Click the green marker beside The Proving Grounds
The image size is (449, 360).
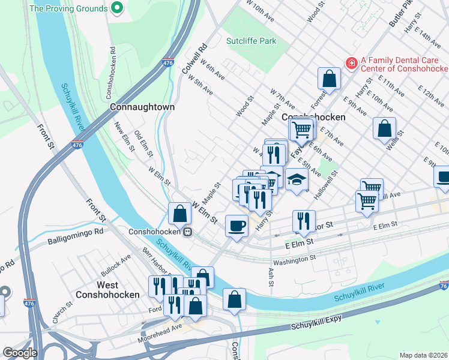click(x=117, y=8)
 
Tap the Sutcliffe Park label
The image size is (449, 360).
click(x=252, y=41)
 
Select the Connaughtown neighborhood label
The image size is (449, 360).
click(x=142, y=107)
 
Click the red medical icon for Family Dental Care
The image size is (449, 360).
click(x=351, y=63)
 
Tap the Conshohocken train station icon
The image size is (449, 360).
click(x=187, y=232)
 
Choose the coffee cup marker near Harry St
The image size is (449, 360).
click(x=237, y=226)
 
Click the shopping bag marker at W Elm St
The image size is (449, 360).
click(x=180, y=213)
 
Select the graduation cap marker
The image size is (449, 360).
click(x=296, y=179)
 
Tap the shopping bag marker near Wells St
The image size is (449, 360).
click(x=384, y=128)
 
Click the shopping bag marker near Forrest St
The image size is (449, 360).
click(x=329, y=78)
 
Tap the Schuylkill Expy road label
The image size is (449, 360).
click(x=316, y=322)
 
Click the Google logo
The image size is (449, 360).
click(x=20, y=353)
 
